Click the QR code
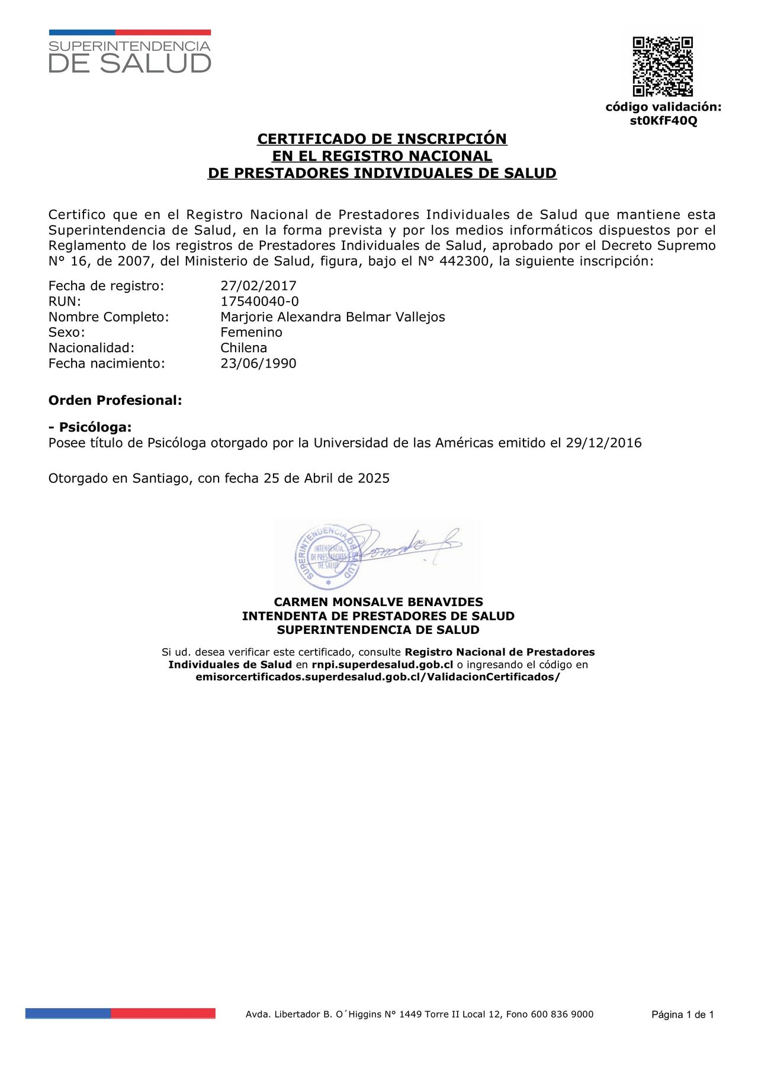point(663,66)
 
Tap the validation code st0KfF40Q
point(663,121)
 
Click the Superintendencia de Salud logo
point(130,52)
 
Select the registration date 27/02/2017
point(258,286)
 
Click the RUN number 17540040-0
point(259,301)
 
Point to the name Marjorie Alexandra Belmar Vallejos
point(332,317)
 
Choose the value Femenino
point(251,332)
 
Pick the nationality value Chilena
point(243,347)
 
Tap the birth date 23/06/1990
point(258,363)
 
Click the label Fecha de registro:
point(106,286)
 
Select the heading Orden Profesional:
point(115,400)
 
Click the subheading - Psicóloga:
point(90,427)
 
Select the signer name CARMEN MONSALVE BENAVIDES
point(378,602)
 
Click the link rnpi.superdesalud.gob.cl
point(382,665)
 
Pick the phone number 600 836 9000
point(562,1014)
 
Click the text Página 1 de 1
point(682,1015)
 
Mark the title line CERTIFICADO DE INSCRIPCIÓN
point(382,139)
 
